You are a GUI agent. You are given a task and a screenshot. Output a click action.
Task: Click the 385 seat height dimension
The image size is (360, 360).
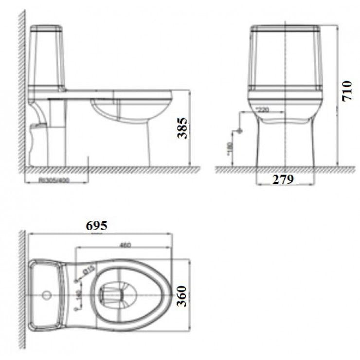point(182,127)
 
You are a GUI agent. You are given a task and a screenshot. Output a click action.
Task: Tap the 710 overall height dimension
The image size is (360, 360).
point(346,91)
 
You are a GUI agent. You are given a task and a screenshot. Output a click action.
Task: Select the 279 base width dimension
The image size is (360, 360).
point(283,180)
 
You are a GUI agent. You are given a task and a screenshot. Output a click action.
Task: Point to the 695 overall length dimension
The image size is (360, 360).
point(96,225)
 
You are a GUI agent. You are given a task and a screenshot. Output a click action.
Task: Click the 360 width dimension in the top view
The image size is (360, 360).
point(182,296)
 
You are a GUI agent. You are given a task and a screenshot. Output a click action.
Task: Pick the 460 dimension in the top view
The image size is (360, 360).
point(125,245)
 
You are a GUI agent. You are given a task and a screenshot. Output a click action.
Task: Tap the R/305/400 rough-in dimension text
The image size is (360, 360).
point(56,180)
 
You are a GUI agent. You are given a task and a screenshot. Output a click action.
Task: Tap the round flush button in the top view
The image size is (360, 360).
point(47,295)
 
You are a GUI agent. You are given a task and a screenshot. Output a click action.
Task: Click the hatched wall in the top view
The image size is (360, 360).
point(22,292)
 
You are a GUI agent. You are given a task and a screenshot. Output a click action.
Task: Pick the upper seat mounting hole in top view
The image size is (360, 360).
point(76,281)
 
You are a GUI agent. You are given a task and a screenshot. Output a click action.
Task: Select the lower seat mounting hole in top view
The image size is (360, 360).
point(76,308)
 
